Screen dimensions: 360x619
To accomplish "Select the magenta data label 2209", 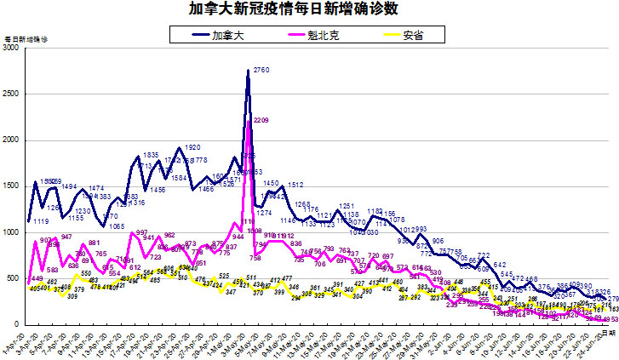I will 261,120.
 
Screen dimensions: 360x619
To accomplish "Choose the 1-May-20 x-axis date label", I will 234,343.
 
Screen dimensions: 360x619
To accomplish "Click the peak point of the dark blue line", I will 248,71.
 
